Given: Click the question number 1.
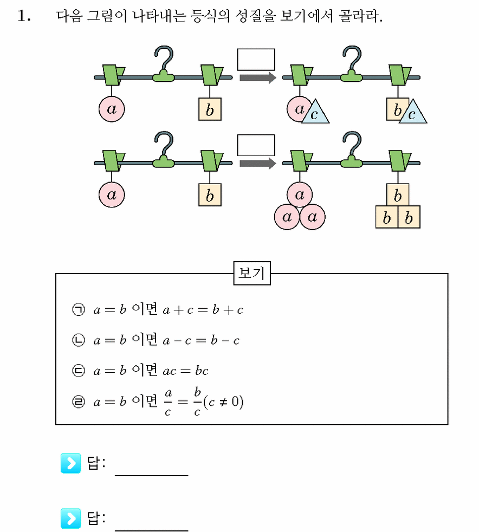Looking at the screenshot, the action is click(24, 16).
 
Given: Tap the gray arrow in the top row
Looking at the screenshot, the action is click(258, 77).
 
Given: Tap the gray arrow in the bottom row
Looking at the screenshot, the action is click(258, 164).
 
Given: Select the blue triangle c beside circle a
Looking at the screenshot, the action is click(315, 112).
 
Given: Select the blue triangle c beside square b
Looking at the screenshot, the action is click(413, 112).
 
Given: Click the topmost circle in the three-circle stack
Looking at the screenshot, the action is click(300, 194).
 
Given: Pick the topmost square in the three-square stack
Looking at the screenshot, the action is click(398, 194).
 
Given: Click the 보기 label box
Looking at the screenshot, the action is click(252, 273).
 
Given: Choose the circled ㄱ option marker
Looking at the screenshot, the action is click(79, 309).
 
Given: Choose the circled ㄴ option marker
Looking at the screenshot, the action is click(79, 340).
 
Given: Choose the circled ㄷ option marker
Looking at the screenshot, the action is click(79, 371).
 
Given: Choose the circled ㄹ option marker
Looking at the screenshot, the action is click(79, 402).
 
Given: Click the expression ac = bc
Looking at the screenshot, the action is click(185, 371).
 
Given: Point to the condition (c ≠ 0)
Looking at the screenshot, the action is click(223, 402).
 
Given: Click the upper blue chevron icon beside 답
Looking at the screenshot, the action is click(70, 463).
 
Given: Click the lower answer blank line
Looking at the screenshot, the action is click(151, 530).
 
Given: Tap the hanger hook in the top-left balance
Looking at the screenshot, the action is click(164, 64).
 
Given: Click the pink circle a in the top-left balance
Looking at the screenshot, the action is click(112, 109).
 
